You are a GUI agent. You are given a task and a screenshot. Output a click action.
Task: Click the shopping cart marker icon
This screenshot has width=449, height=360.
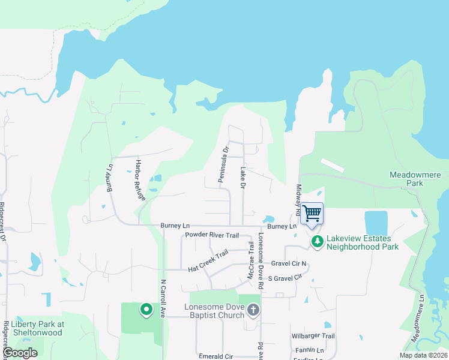[x=312, y=214]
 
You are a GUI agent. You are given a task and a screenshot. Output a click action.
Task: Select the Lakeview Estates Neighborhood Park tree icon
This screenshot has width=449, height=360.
[x=316, y=242]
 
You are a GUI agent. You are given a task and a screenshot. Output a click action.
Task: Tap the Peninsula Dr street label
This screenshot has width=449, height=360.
[x=223, y=164]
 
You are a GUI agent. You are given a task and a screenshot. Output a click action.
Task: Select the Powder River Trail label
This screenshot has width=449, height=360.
[x=212, y=235]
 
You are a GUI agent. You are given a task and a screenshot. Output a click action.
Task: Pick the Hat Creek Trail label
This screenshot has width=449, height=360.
[x=208, y=259]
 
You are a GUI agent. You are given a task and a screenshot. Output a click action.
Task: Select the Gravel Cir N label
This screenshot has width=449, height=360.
[x=288, y=263]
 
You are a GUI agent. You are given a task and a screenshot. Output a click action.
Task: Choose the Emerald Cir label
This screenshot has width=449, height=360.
[x=215, y=356]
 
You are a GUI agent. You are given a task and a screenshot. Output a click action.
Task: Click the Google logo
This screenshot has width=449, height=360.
[x=20, y=353]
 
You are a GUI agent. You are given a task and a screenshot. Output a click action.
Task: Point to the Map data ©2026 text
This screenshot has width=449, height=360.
[x=423, y=355]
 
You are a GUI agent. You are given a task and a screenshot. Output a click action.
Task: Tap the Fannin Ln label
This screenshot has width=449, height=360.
[x=309, y=350]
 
